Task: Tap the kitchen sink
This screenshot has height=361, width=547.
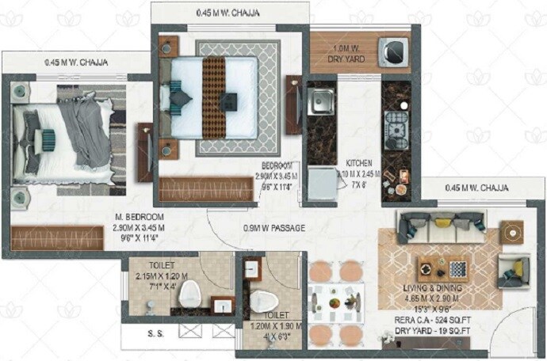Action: point(322,101)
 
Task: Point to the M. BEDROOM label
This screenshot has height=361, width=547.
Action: point(139,218)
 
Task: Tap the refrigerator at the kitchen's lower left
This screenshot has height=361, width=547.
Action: point(323,184)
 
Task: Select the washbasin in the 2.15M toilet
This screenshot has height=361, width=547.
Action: point(222,305)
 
